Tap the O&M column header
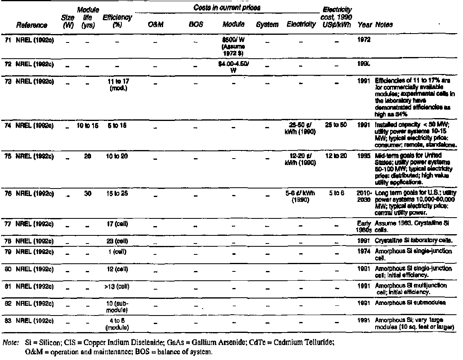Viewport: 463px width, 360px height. (155, 25)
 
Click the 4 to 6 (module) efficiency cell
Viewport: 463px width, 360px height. (117, 324)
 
